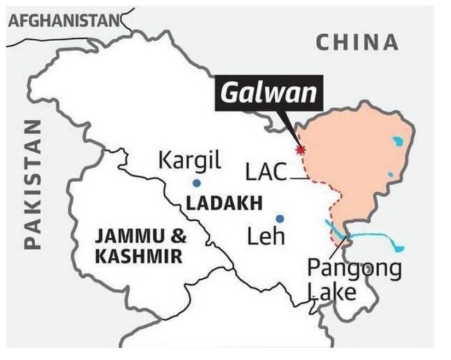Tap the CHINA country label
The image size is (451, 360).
(357, 42)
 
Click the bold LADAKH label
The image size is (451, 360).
(223, 204)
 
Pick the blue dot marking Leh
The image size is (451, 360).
(280, 218)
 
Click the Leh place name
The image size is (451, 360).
(266, 237)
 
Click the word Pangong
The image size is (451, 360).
(355, 270)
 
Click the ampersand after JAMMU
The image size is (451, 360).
(178, 237)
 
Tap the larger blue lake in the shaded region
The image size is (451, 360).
(399, 141)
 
